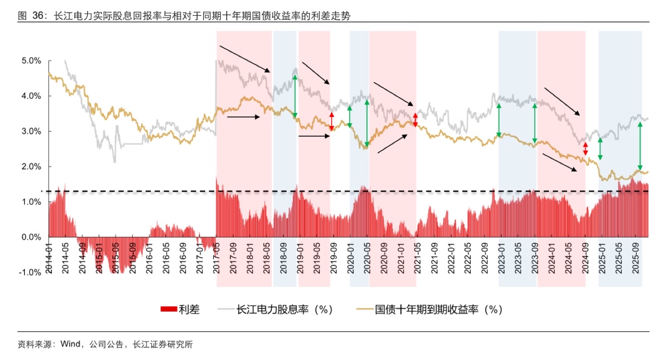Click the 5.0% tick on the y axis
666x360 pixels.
[31, 61]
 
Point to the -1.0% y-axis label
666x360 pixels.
[30, 272]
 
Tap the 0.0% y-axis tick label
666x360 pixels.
[31, 237]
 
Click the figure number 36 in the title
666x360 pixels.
[37, 16]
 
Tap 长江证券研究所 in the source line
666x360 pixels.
[162, 345]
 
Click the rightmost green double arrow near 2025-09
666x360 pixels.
[640, 146]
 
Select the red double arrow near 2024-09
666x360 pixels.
[585, 149]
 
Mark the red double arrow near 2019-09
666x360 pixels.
[331, 122]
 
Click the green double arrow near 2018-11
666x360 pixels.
[295, 97]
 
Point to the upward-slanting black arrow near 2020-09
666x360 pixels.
[392, 143]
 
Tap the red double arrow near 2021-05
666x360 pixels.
[415, 119]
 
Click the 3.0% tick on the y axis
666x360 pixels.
[31, 131]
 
